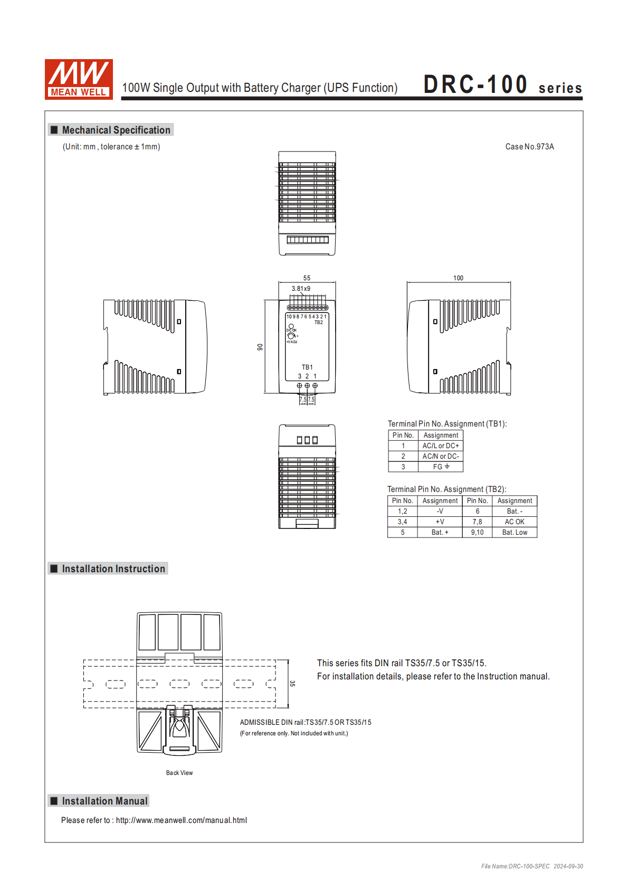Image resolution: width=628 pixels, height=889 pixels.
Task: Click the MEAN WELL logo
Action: click(x=79, y=79)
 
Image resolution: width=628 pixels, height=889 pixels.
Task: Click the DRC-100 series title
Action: click(x=502, y=85)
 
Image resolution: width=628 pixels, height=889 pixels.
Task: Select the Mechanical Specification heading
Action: click(x=116, y=130)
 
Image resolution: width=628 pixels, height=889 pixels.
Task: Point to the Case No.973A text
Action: click(x=529, y=147)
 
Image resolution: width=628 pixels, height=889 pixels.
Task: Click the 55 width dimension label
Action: click(x=307, y=278)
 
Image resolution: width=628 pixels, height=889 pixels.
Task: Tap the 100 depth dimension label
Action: click(x=458, y=278)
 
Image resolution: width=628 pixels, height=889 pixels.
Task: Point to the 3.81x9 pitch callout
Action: click(x=301, y=289)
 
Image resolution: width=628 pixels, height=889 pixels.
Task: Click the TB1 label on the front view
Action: click(x=307, y=367)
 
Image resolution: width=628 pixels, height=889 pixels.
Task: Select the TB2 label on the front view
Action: click(x=319, y=322)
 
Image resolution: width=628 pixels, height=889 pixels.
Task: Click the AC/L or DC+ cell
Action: click(x=441, y=446)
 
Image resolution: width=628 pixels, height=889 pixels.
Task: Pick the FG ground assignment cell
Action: click(x=441, y=467)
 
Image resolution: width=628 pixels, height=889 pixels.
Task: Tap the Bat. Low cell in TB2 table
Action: click(x=515, y=532)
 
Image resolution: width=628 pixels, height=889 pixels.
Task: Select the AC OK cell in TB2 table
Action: click(x=515, y=522)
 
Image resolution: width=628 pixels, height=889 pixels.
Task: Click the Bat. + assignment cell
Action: click(x=440, y=532)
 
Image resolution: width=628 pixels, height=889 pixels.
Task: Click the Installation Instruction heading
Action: click(x=113, y=569)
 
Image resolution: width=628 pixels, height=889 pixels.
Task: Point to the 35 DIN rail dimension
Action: click(x=292, y=683)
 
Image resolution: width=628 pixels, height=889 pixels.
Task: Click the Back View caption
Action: click(x=179, y=773)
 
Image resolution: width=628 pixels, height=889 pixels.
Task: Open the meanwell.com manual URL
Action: click(x=181, y=820)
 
